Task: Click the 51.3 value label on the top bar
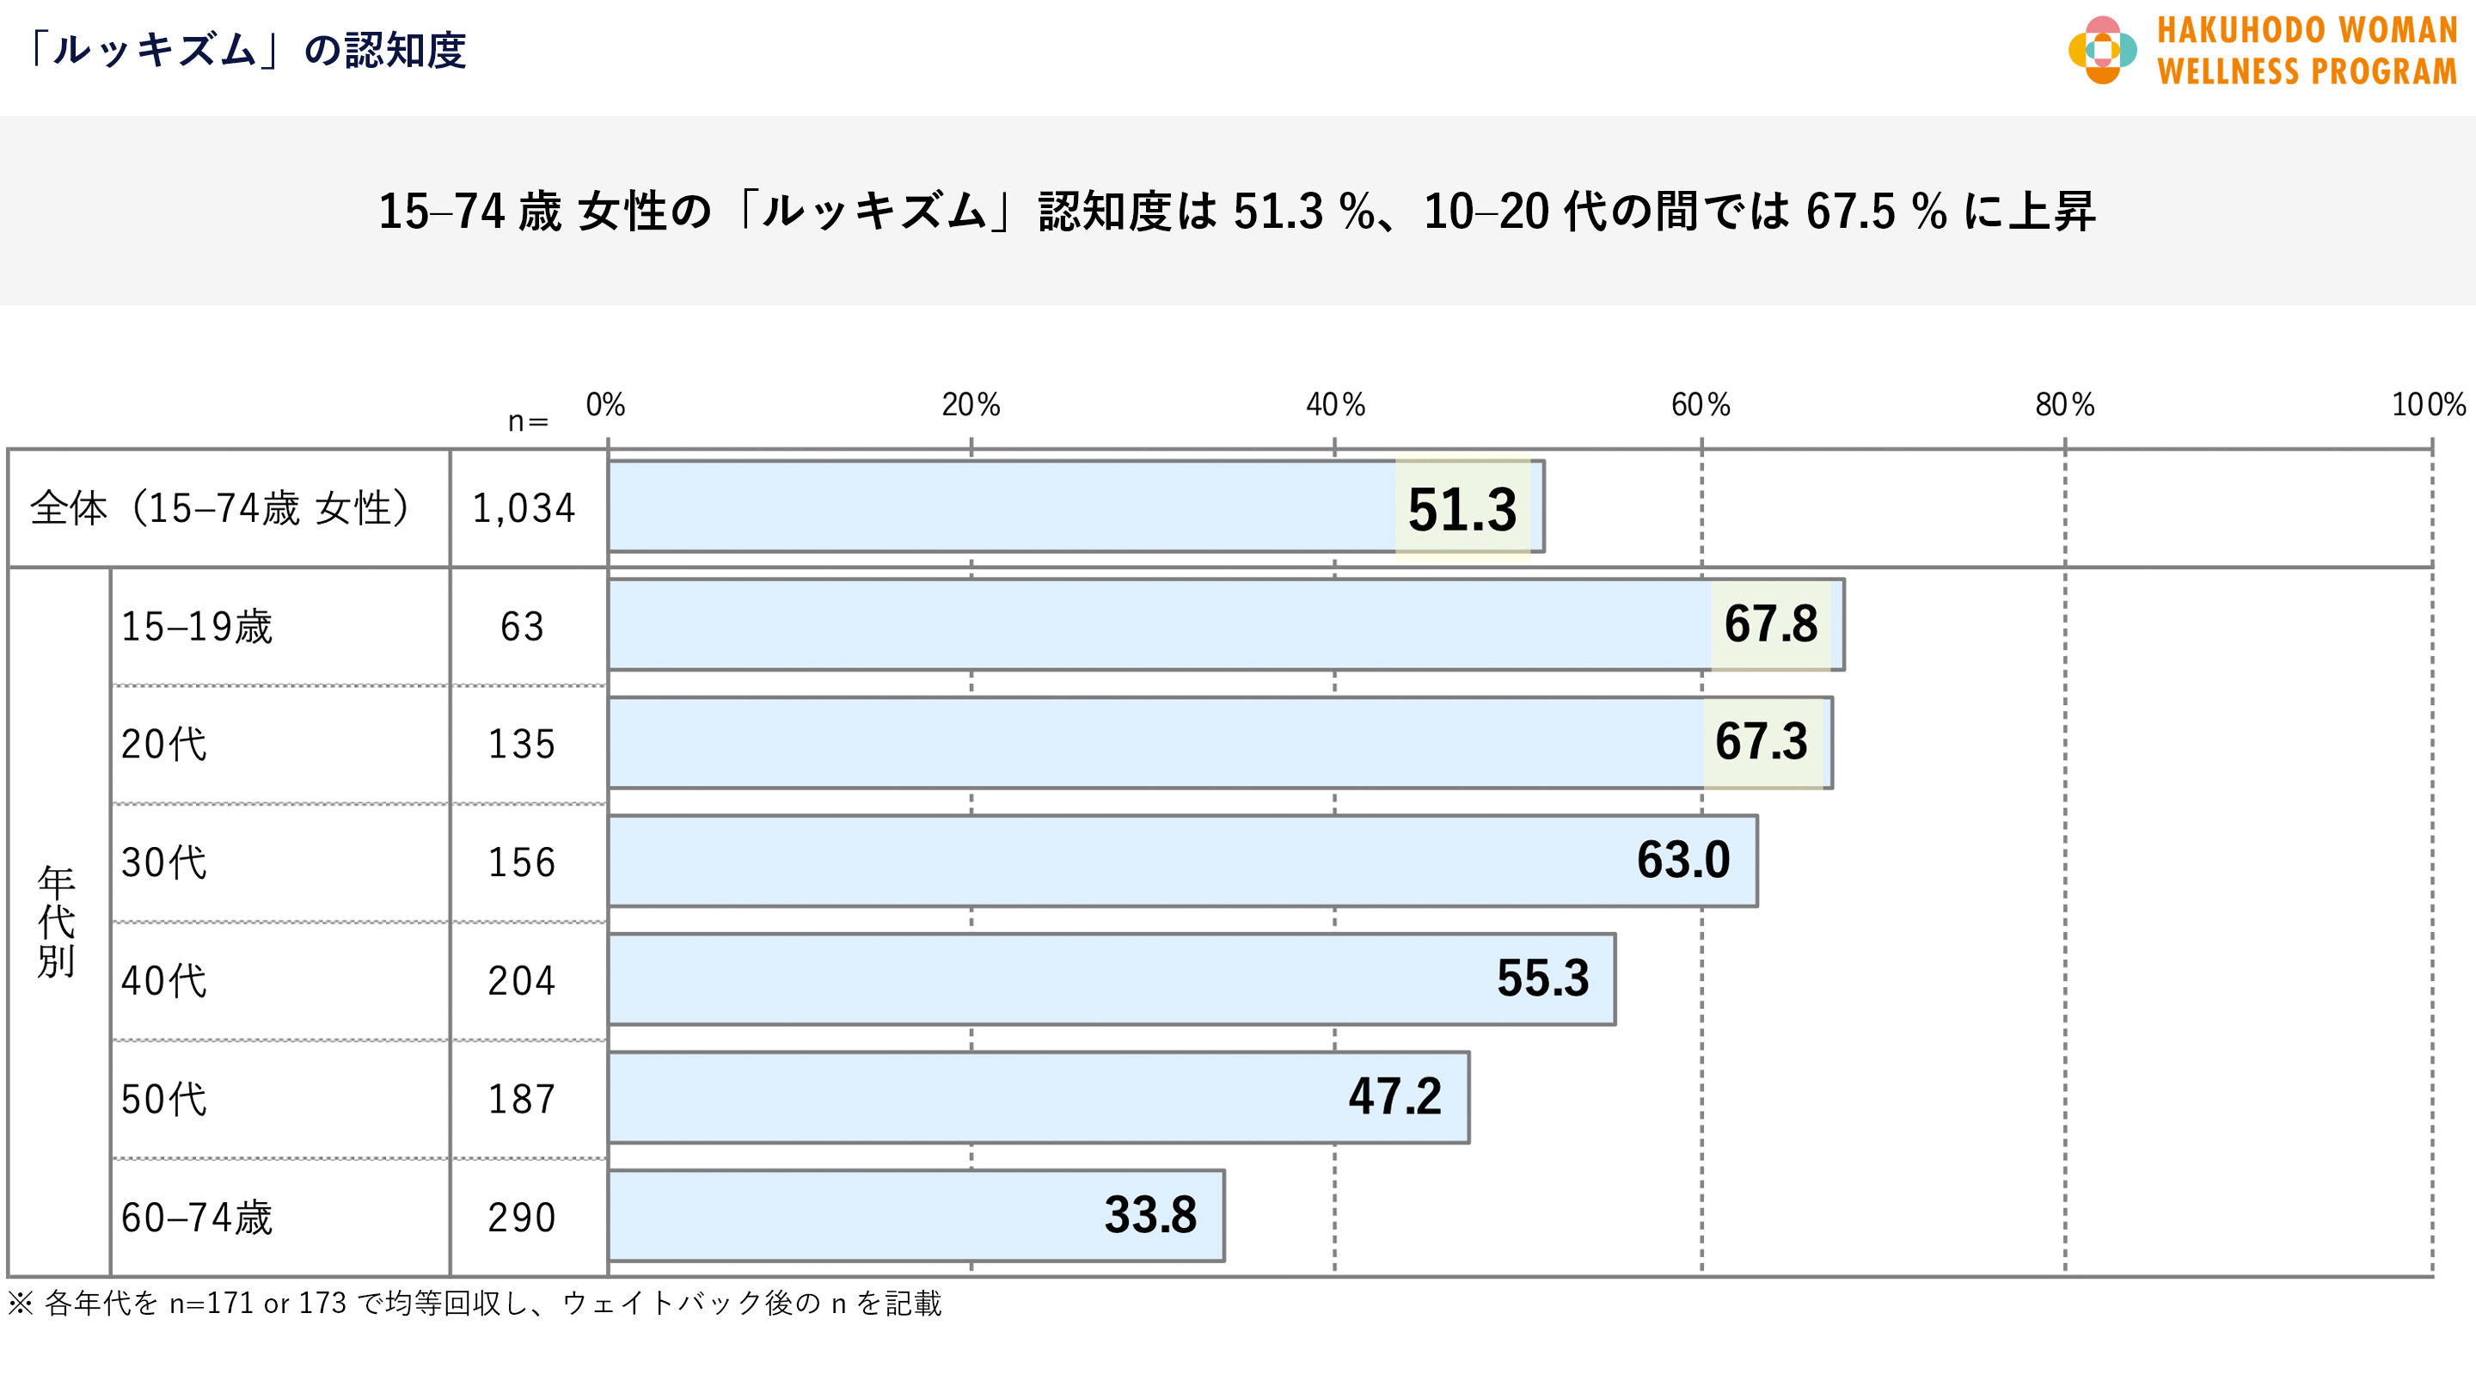pyautogui.click(x=1462, y=510)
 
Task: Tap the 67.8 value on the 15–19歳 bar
pyautogui.click(x=1770, y=624)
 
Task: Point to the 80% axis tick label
pyautogui.click(x=2064, y=405)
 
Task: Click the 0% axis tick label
pyautogui.click(x=605, y=405)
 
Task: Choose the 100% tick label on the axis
pyautogui.click(x=2428, y=405)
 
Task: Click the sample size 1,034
pyautogui.click(x=524, y=508)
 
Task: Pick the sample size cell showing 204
pyautogui.click(x=522, y=980)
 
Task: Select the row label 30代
pyautogui.click(x=164, y=862)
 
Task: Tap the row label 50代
pyautogui.click(x=164, y=1099)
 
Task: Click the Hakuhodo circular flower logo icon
pyautogui.click(x=2102, y=50)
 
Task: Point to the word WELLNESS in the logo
pyautogui.click(x=2229, y=72)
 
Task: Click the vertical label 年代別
pyautogui.click(x=57, y=921)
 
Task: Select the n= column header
pyautogui.click(x=528, y=421)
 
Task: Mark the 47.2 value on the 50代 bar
pyautogui.click(x=1394, y=1097)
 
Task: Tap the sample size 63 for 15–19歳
pyautogui.click(x=522, y=627)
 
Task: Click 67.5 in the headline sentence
pyautogui.click(x=1850, y=212)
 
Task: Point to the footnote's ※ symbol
pyautogui.click(x=20, y=1304)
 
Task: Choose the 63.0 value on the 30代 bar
pyautogui.click(x=1683, y=861)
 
